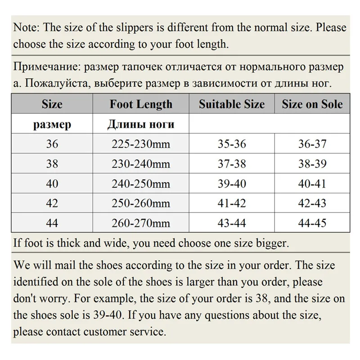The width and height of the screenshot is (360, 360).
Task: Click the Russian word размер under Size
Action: click(x=52, y=125)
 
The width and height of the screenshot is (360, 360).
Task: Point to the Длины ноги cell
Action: click(x=141, y=125)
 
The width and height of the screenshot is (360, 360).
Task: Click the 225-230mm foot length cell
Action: click(x=141, y=144)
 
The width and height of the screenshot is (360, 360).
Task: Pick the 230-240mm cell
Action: click(x=141, y=164)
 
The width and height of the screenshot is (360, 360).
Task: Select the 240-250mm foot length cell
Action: click(x=141, y=184)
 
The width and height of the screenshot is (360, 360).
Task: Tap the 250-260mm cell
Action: click(x=141, y=203)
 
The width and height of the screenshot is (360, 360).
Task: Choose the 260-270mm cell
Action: click(x=141, y=223)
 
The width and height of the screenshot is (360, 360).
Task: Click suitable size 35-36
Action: click(x=232, y=144)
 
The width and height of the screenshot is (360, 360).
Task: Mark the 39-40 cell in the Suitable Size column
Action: click(x=232, y=184)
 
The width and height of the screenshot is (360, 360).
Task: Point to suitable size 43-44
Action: click(x=232, y=223)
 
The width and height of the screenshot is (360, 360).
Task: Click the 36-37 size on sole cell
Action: click(x=312, y=144)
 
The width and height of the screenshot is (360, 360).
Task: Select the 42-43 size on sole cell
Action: click(x=312, y=203)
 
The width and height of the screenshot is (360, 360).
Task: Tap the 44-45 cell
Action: click(x=312, y=223)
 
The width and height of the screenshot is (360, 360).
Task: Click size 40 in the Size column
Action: click(x=52, y=184)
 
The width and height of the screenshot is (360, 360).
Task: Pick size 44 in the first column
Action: click(x=52, y=223)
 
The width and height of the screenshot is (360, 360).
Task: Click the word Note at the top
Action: click(x=26, y=27)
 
